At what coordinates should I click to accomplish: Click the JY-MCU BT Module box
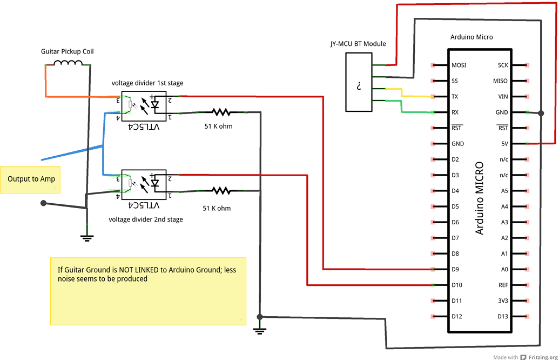tap(359, 82)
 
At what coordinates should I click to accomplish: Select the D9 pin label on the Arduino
tap(455, 269)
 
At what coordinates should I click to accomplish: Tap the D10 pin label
tap(457, 285)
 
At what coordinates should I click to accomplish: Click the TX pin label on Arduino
tap(455, 97)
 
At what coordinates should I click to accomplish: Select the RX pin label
tap(455, 112)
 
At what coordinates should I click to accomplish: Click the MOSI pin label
tap(459, 65)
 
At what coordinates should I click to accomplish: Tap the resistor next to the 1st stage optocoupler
tap(221, 112)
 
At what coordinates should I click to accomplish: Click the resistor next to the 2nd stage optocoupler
tap(221, 191)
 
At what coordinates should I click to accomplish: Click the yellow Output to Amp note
tap(31, 179)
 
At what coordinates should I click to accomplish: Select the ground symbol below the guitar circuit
tap(86, 237)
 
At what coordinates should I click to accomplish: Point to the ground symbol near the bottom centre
tap(260, 330)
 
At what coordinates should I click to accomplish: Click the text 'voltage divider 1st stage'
tap(147, 83)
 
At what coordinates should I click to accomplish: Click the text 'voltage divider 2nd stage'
tap(146, 219)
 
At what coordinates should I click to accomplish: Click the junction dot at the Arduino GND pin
tap(541, 114)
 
